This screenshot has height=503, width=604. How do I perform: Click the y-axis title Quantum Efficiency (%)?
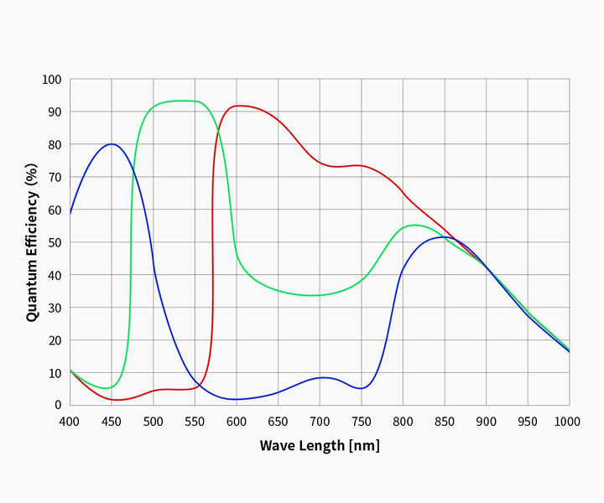click(32, 242)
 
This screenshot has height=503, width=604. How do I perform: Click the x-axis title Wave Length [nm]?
click(319, 445)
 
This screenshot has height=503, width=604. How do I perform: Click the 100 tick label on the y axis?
click(52, 80)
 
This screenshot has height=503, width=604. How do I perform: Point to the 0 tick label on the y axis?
click(58, 405)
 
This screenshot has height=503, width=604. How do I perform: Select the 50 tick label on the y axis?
click(55, 242)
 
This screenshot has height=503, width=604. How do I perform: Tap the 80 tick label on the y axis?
click(55, 144)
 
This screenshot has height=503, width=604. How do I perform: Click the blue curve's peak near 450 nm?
click(112, 144)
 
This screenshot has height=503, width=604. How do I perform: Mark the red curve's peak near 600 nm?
click(240, 106)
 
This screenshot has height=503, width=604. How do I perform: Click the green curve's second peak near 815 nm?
click(415, 225)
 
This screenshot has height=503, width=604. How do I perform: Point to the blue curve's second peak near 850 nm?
click(444, 237)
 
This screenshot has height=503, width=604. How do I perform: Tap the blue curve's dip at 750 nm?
click(361, 388)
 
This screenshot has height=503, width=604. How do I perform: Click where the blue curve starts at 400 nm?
click(70, 213)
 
